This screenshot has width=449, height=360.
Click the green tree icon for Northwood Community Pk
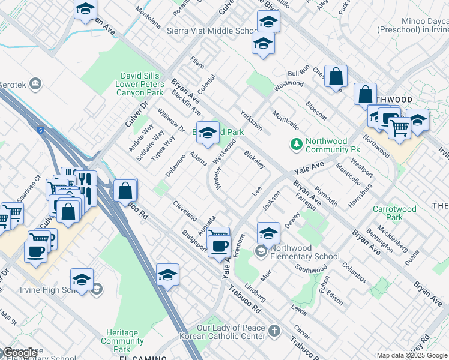coord(295,144)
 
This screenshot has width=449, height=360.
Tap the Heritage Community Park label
coord(122,341)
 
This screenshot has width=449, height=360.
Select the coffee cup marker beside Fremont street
coord(220,245)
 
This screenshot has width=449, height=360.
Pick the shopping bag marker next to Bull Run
coord(337,76)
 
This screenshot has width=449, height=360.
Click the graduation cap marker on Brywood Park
coord(208,133)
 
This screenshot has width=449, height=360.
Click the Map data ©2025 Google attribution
coord(412,355)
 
